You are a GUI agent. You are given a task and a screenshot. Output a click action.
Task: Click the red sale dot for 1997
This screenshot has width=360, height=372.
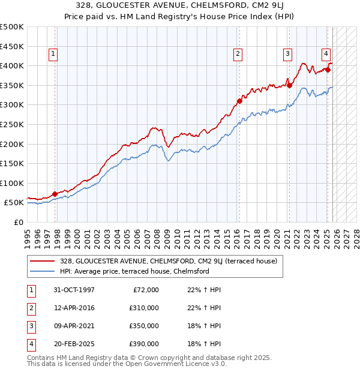pos(55,194)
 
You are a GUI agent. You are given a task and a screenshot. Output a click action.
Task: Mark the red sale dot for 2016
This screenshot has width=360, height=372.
pos(239,101)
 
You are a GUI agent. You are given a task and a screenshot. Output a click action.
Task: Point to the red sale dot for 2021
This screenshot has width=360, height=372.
pos(289,85)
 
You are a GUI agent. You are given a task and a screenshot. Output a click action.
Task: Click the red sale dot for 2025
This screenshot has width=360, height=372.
pos(328,70)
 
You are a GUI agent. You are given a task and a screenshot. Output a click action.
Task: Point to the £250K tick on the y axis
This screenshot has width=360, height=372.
pos(13,124)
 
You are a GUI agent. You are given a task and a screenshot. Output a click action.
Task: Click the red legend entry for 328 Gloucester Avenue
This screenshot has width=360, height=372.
pos(169,261)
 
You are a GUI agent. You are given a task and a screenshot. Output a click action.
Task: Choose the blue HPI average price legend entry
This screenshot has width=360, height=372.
pos(134,271)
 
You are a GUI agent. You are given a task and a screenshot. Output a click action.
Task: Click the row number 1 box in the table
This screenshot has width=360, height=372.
pos(30,290)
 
